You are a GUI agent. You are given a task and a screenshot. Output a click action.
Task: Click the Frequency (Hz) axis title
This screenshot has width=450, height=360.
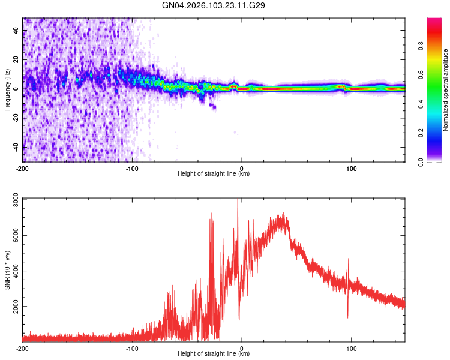[x=7, y=90]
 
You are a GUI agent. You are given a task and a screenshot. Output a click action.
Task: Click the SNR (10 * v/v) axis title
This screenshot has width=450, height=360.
[x=7, y=269]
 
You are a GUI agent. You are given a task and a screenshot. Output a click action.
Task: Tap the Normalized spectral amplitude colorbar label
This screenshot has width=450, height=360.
[x=446, y=90]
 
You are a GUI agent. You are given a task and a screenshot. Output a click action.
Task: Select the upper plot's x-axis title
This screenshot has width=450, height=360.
[x=214, y=174]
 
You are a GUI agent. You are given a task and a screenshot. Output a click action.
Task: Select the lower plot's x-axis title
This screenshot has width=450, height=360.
[x=214, y=354]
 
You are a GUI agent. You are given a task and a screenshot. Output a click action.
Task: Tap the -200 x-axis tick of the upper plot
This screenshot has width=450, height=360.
[x=23, y=167]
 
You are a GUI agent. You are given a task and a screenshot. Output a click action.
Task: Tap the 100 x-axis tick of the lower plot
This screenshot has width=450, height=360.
[x=351, y=347]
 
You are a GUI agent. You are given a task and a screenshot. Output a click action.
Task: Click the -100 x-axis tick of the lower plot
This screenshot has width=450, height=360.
[x=132, y=347]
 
